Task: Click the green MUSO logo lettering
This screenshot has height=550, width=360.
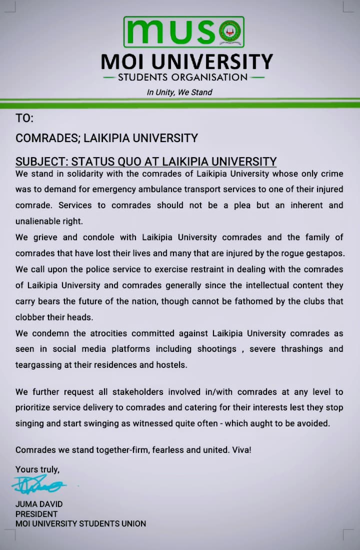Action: (170, 32)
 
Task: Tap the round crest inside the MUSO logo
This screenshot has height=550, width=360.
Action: (231, 32)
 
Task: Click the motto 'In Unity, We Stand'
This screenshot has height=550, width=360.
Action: (179, 92)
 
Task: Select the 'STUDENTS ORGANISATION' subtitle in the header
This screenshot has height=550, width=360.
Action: (182, 77)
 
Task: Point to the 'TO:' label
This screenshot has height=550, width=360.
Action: (24, 119)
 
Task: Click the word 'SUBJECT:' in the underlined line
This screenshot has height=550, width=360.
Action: (41, 162)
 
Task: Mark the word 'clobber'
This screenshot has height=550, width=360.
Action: (29, 317)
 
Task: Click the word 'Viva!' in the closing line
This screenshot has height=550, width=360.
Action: (242, 450)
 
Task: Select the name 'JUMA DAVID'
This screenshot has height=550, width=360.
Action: (39, 504)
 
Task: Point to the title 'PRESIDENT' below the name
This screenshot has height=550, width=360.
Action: (36, 514)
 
